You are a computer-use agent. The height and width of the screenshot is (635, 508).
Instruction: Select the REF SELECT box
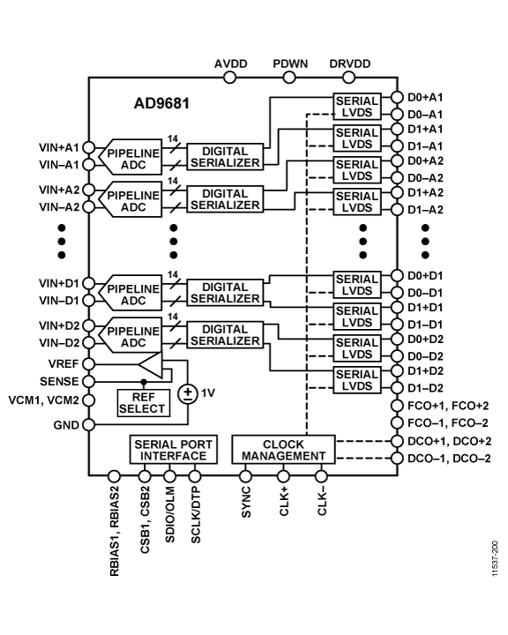[143, 402]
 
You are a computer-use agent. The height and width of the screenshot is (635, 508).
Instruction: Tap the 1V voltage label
[208, 393]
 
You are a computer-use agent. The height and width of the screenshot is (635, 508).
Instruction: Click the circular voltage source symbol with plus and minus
[188, 393]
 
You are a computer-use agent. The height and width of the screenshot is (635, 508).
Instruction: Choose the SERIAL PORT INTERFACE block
[173, 450]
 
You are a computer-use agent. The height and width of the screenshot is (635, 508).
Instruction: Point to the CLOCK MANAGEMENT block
[283, 450]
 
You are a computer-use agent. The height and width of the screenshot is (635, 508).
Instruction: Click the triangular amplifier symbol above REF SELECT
[149, 365]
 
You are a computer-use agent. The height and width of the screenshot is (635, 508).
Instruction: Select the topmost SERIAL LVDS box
[357, 106]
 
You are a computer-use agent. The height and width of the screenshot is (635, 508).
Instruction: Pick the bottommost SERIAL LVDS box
[357, 381]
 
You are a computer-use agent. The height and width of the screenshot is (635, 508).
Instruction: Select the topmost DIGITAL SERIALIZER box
[225, 156]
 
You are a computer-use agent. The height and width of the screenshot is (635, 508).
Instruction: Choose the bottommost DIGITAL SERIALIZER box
[225, 335]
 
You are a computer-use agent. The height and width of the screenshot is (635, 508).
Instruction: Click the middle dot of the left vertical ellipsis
[174, 241]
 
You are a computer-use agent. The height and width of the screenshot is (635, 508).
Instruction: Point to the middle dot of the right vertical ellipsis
[362, 241]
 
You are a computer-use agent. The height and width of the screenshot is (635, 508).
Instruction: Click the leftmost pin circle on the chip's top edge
[230, 78]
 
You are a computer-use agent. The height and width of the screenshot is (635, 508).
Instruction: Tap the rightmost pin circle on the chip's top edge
[348, 78]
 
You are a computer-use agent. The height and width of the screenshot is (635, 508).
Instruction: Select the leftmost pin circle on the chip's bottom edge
[114, 477]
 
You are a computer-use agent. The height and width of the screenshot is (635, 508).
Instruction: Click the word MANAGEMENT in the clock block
[283, 456]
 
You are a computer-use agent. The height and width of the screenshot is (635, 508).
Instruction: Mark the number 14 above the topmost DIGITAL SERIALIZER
[173, 138]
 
